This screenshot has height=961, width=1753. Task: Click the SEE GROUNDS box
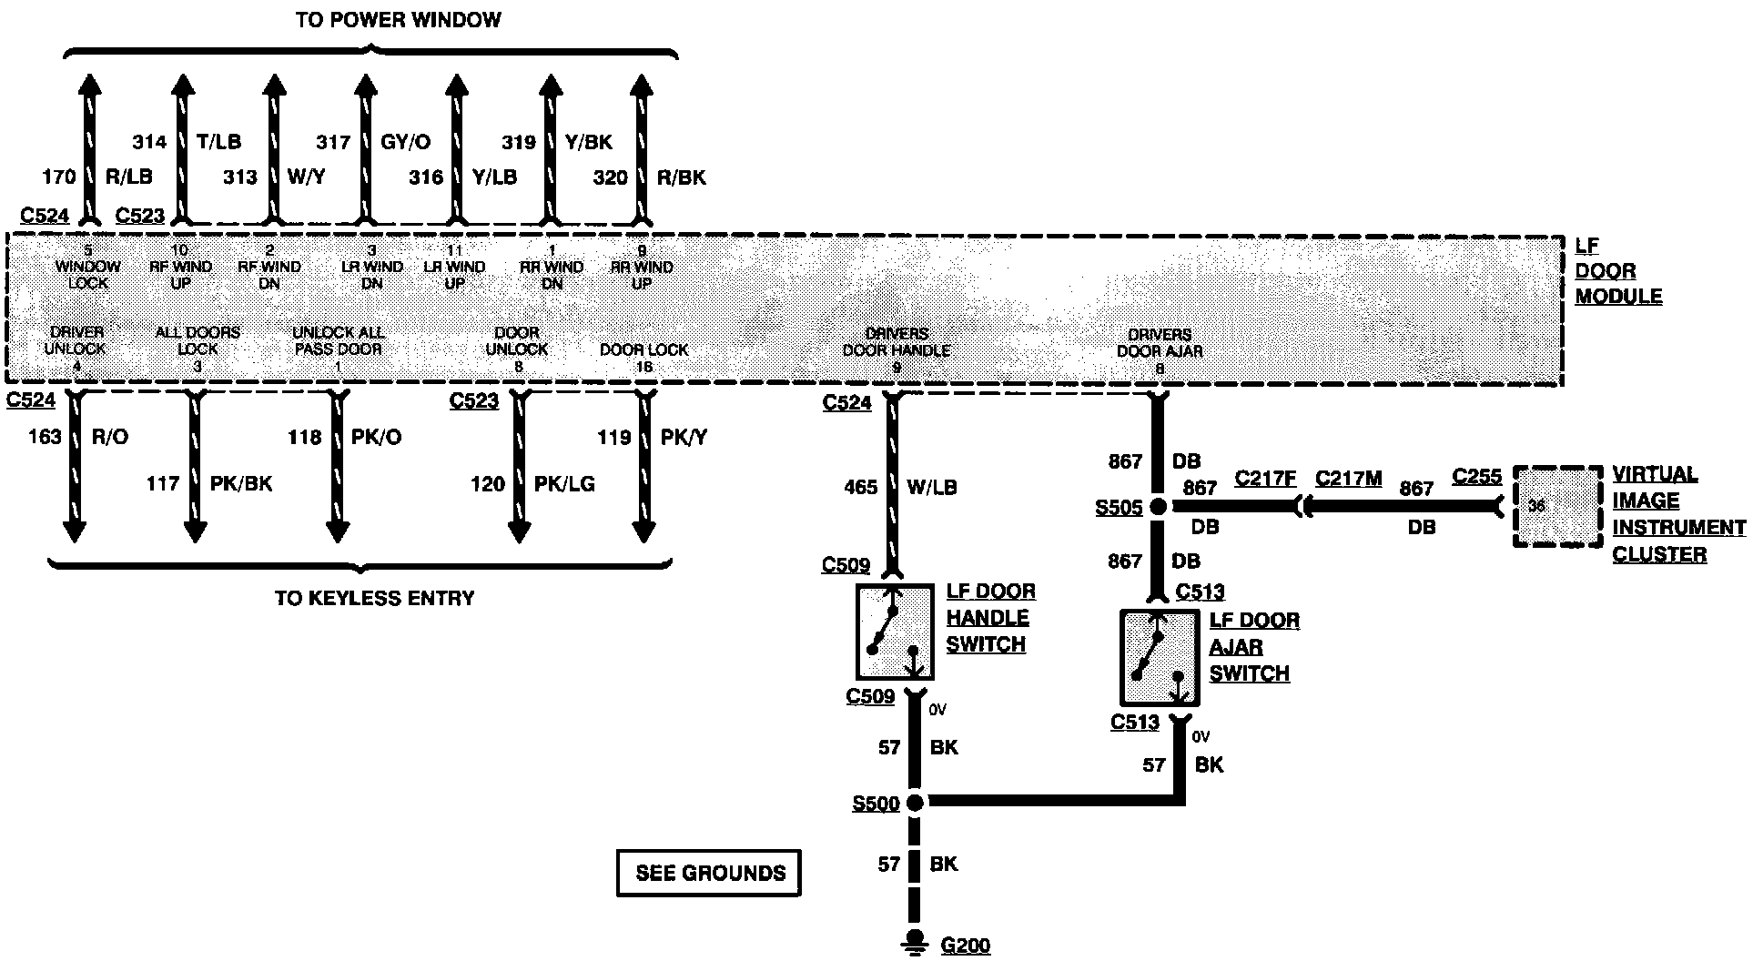click(x=709, y=873)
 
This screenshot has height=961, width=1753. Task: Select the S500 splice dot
click(x=916, y=803)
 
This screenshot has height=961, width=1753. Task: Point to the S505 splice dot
click(x=1158, y=507)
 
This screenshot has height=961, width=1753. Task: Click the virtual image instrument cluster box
click(x=1557, y=507)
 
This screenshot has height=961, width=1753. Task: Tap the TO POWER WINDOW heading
click(x=398, y=20)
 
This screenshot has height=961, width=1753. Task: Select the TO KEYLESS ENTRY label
click(x=374, y=598)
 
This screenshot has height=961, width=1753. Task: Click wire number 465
click(x=860, y=487)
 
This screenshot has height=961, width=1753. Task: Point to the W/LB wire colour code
click(x=932, y=487)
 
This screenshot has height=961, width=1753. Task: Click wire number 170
click(x=59, y=177)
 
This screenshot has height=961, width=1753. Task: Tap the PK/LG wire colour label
click(x=564, y=484)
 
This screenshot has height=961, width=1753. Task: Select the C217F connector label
click(x=1264, y=478)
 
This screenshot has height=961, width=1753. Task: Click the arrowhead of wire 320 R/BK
click(x=643, y=87)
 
